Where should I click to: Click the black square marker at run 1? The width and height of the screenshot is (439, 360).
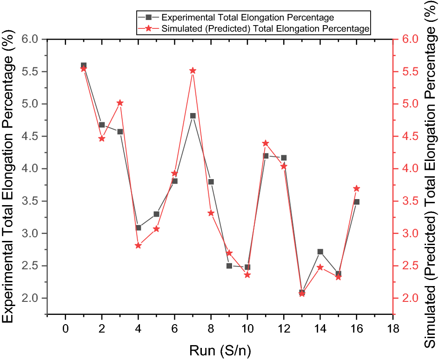pos(84,66)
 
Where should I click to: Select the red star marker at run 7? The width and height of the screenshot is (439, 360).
pos(193,71)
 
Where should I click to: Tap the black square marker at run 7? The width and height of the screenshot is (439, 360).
pos(193,116)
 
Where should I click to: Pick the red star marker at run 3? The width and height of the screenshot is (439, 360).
pos(120,103)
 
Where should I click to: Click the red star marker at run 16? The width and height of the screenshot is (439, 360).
pos(357,188)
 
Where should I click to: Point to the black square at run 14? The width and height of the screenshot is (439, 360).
pos(320,252)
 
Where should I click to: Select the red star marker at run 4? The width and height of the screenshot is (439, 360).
pos(138,245)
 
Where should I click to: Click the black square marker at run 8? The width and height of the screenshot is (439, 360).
pos(211,182)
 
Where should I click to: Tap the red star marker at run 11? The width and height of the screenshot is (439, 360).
pos(266,143)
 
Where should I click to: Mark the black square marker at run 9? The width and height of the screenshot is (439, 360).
pos(229,266)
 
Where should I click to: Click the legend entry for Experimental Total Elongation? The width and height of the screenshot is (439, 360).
pos(246,17)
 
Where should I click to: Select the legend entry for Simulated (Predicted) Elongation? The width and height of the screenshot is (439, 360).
pos(265,29)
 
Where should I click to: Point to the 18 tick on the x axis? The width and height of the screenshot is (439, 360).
pos(393,328)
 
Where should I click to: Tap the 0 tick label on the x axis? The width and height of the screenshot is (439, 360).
pos(66,328)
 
